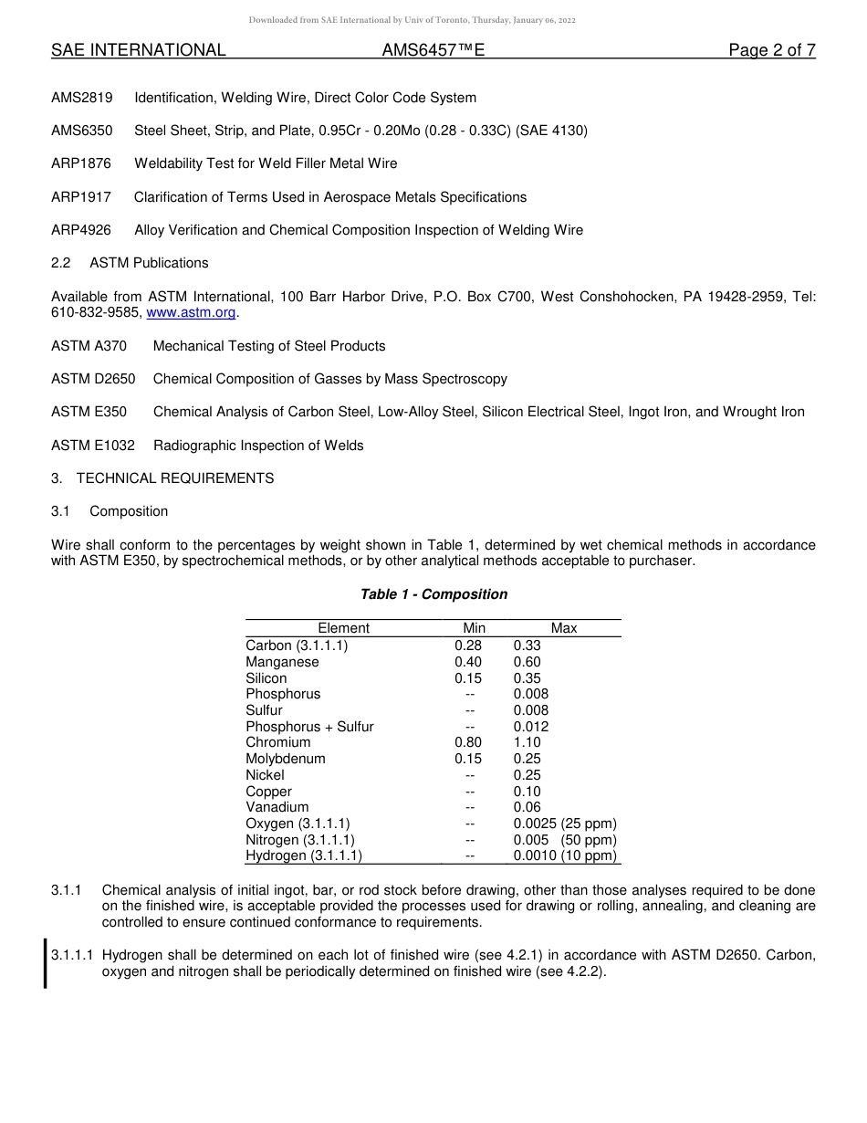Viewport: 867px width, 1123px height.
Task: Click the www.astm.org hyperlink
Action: (x=191, y=313)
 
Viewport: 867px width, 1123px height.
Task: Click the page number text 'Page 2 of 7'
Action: (x=771, y=51)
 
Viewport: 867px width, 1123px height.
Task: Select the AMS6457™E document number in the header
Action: (x=433, y=51)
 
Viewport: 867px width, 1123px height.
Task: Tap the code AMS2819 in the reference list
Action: (x=82, y=98)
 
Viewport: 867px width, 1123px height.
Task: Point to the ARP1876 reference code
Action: (x=81, y=163)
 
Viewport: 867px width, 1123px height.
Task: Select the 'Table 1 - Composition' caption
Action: (x=433, y=594)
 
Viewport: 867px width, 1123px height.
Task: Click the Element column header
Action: (x=343, y=628)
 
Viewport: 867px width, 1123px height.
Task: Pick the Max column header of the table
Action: (x=564, y=628)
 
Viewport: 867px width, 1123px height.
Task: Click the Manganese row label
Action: (x=282, y=662)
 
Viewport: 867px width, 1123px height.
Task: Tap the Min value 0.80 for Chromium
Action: (x=468, y=742)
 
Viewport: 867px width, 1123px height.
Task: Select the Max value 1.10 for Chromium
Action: (x=528, y=742)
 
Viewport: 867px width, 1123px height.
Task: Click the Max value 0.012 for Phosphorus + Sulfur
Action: (x=531, y=727)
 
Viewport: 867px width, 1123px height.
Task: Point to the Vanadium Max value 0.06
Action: (x=528, y=807)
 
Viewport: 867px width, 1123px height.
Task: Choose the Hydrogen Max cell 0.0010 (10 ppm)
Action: (x=565, y=855)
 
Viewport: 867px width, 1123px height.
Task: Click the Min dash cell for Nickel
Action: (x=470, y=775)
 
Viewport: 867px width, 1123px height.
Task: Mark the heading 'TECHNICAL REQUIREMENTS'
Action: (x=175, y=478)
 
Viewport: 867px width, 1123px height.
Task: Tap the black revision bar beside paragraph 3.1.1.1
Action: (x=46, y=963)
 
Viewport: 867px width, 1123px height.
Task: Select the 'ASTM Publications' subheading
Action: (x=149, y=263)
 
